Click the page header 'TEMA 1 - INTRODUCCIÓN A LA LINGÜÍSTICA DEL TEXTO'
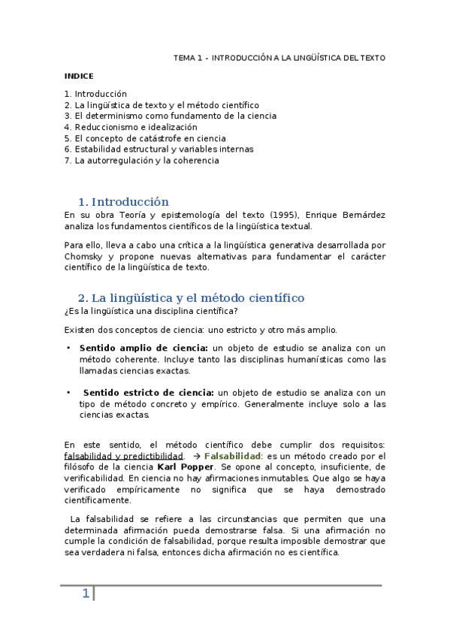point(279,57)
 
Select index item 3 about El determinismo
point(171,116)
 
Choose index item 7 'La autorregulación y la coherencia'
point(141,160)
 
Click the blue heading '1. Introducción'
point(123,201)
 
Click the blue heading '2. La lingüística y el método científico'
point(191,298)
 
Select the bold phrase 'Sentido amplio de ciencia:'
point(143,348)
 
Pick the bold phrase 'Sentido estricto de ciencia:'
point(149,392)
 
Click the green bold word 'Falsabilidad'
point(232,456)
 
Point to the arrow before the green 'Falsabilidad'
point(196,456)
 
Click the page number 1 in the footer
point(86,594)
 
